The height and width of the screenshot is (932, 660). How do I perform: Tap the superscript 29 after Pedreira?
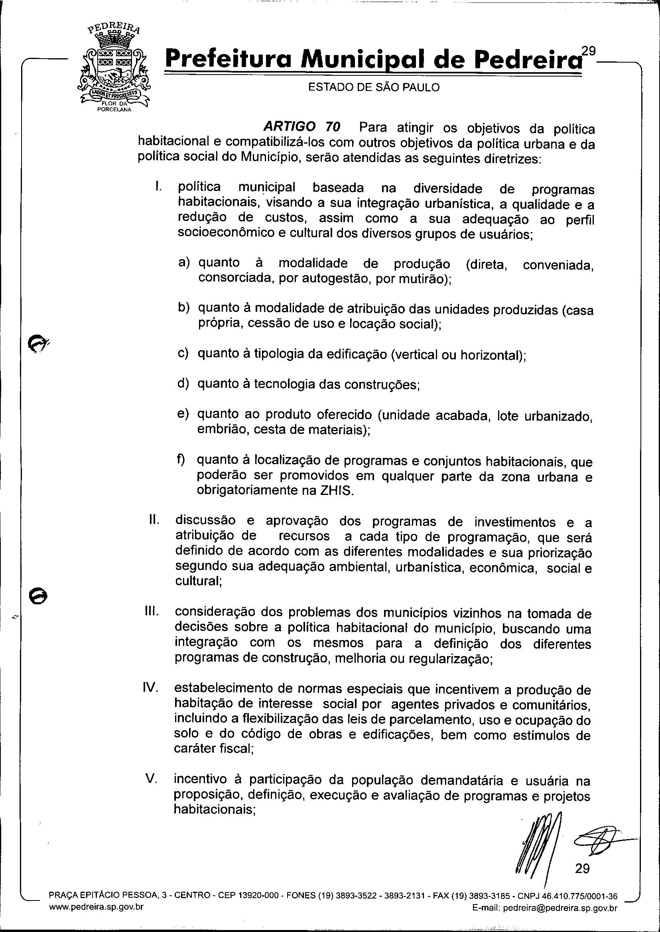588,51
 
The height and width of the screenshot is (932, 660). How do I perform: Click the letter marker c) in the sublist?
183,353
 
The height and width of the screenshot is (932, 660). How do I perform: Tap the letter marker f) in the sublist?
180,460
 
